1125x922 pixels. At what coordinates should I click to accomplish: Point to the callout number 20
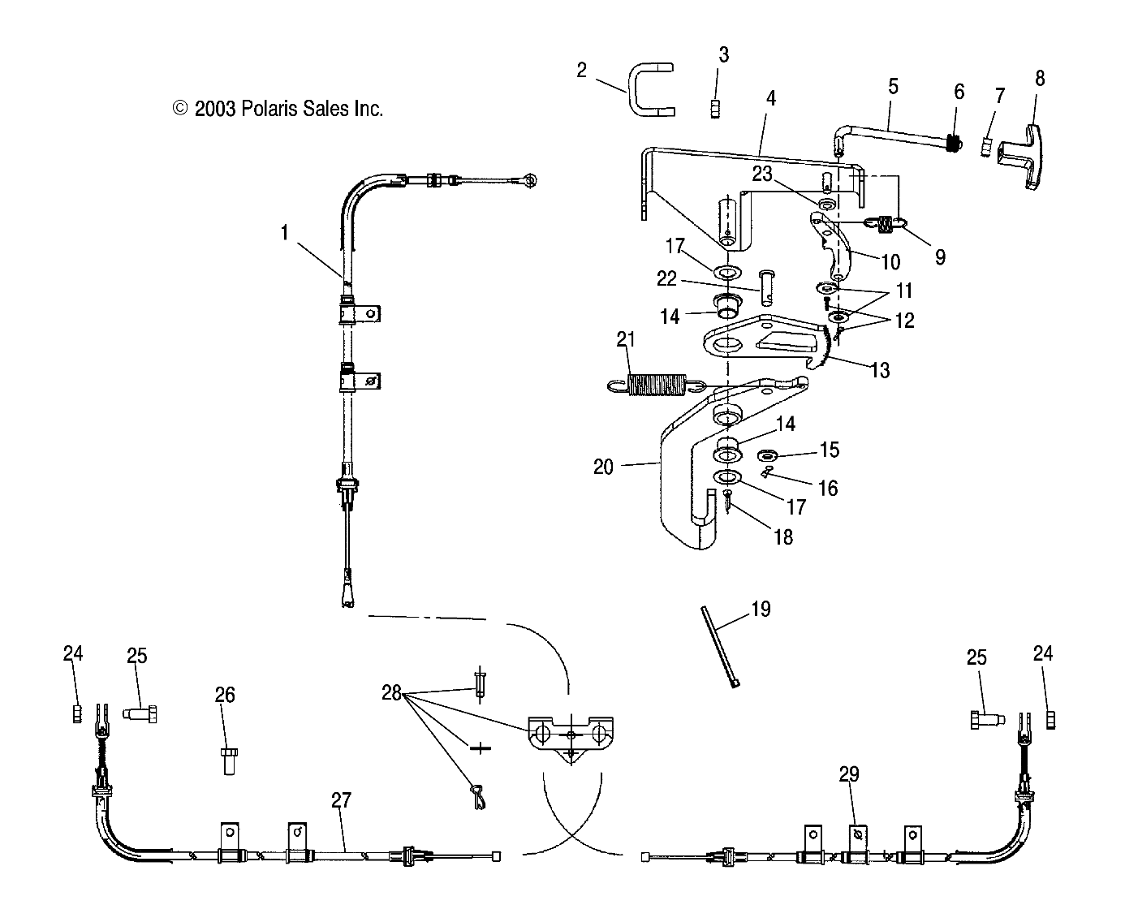tap(603, 467)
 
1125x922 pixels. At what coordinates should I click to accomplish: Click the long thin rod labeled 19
tap(720, 646)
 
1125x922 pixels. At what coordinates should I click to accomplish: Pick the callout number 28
tap(391, 692)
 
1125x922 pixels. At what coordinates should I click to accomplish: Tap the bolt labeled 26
tap(229, 760)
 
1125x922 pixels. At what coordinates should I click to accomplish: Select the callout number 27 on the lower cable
tap(341, 800)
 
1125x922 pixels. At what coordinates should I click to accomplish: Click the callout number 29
tap(849, 774)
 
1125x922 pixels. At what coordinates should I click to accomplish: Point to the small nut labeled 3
tap(715, 109)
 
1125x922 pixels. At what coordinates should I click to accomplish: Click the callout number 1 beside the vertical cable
tap(284, 232)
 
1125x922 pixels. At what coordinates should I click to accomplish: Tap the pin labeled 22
tap(766, 287)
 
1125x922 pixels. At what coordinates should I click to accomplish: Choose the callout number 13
tap(880, 369)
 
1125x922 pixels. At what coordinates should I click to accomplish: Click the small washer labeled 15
tap(766, 456)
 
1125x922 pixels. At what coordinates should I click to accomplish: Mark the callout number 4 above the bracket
tap(771, 98)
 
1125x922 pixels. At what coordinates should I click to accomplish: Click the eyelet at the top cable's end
tap(530, 180)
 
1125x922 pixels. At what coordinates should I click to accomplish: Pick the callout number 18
tap(783, 537)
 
